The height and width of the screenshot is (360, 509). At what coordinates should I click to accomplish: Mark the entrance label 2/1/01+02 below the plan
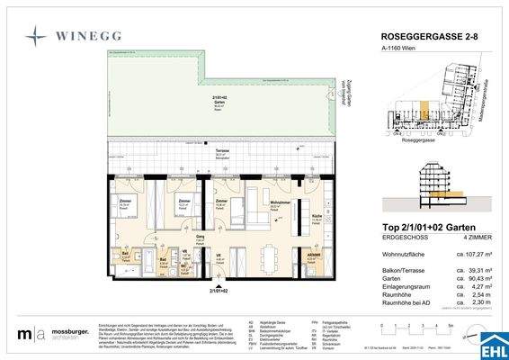point(216,292)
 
